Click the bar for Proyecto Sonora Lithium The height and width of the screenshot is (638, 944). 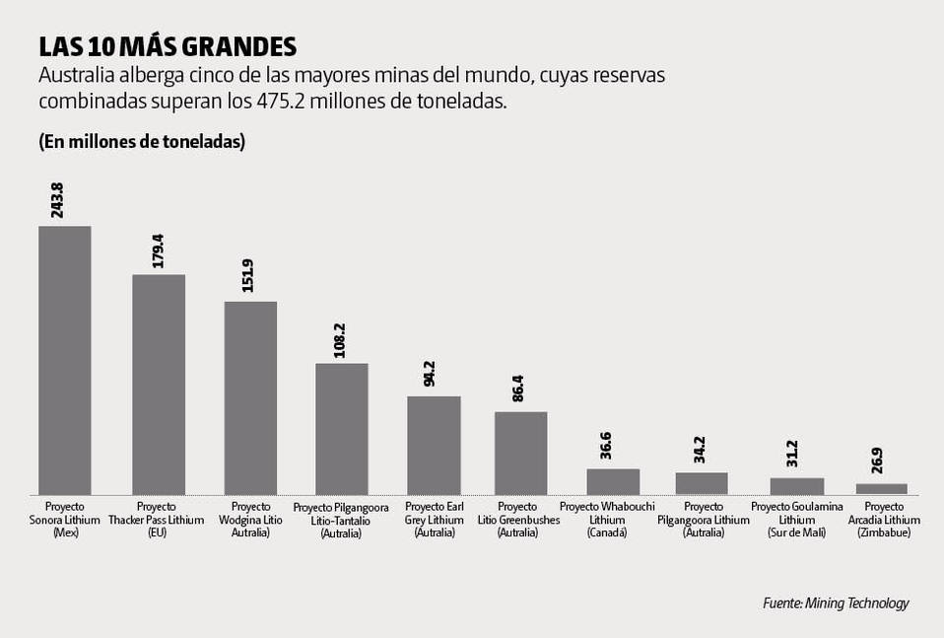pyautogui.click(x=65, y=360)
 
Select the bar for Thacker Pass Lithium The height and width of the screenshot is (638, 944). pyautogui.click(x=159, y=384)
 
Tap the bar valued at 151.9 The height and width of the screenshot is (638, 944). pyautogui.click(x=250, y=397)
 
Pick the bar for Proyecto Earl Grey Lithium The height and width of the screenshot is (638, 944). pyautogui.click(x=434, y=445)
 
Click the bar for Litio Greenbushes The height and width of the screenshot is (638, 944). pyautogui.click(x=520, y=453)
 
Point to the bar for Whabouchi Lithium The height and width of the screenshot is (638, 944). pyautogui.click(x=613, y=481)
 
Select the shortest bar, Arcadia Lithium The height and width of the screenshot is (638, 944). pyautogui.click(x=881, y=488)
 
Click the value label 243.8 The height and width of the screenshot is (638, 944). pyautogui.click(x=57, y=200)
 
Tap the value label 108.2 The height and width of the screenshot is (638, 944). pyautogui.click(x=339, y=338)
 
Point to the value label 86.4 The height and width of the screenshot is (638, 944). pyautogui.click(x=519, y=386)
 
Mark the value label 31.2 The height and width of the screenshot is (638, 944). pyautogui.click(x=791, y=453)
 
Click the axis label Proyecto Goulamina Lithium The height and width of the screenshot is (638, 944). pyautogui.click(x=796, y=519)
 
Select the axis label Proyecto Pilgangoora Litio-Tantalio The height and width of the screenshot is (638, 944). pyautogui.click(x=341, y=520)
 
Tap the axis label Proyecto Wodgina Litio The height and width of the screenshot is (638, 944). pyautogui.click(x=250, y=519)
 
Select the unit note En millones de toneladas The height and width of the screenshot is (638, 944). pyautogui.click(x=142, y=142)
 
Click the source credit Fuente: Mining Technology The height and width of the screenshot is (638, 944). pyautogui.click(x=836, y=603)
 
